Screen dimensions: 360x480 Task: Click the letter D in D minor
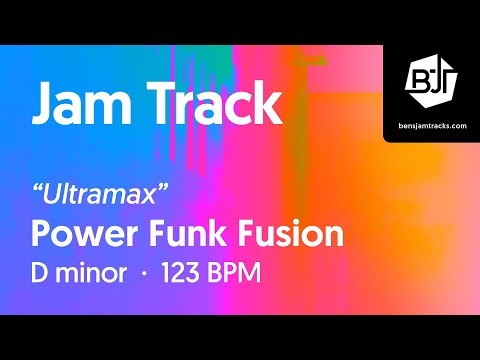42,273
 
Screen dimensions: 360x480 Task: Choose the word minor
97,273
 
